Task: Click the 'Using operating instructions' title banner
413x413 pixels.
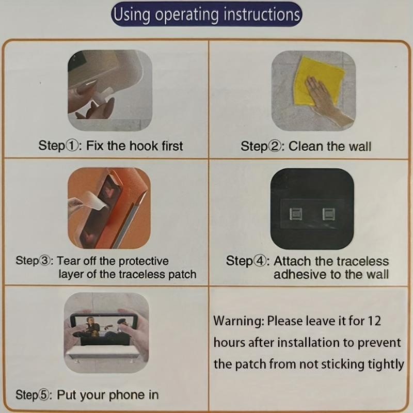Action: (x=206, y=14)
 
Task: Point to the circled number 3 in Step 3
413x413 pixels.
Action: (x=44, y=261)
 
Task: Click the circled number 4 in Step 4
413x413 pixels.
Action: (x=260, y=261)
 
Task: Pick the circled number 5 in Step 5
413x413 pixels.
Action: (x=44, y=395)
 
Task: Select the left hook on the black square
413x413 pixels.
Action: (x=296, y=214)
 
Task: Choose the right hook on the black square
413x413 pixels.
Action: (x=329, y=214)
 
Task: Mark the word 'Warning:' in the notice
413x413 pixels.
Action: (x=239, y=321)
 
